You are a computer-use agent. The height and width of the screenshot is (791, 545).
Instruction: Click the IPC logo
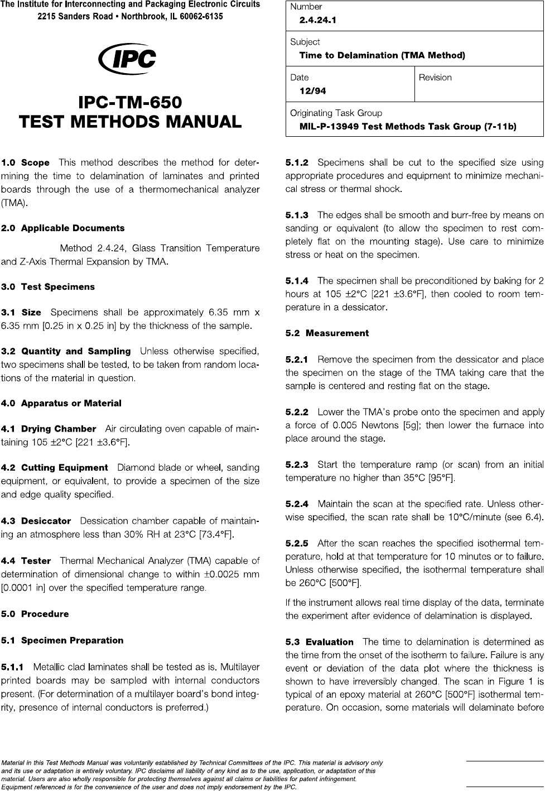127,59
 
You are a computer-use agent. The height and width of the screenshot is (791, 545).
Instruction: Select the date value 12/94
313,90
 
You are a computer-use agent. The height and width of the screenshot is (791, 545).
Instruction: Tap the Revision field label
435,78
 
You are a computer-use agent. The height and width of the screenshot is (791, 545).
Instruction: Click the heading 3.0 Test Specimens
48,287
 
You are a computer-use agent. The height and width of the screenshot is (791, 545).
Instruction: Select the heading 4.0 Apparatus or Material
61,403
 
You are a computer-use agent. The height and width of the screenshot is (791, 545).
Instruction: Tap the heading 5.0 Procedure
35,614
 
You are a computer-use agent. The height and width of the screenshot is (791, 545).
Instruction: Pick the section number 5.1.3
297,215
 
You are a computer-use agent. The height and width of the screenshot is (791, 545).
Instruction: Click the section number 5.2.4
297,504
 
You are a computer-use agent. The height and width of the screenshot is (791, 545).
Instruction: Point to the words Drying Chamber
59,429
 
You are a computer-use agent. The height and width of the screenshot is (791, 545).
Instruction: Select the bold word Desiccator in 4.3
46,521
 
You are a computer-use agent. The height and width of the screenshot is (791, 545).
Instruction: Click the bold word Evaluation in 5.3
330,642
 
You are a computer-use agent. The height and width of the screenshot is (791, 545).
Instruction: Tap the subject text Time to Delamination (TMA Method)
382,55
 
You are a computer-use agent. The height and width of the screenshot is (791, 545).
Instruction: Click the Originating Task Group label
336,113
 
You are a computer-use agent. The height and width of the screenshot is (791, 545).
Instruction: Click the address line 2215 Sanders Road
130,17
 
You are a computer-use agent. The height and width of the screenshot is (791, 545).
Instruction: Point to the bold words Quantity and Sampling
76,352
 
